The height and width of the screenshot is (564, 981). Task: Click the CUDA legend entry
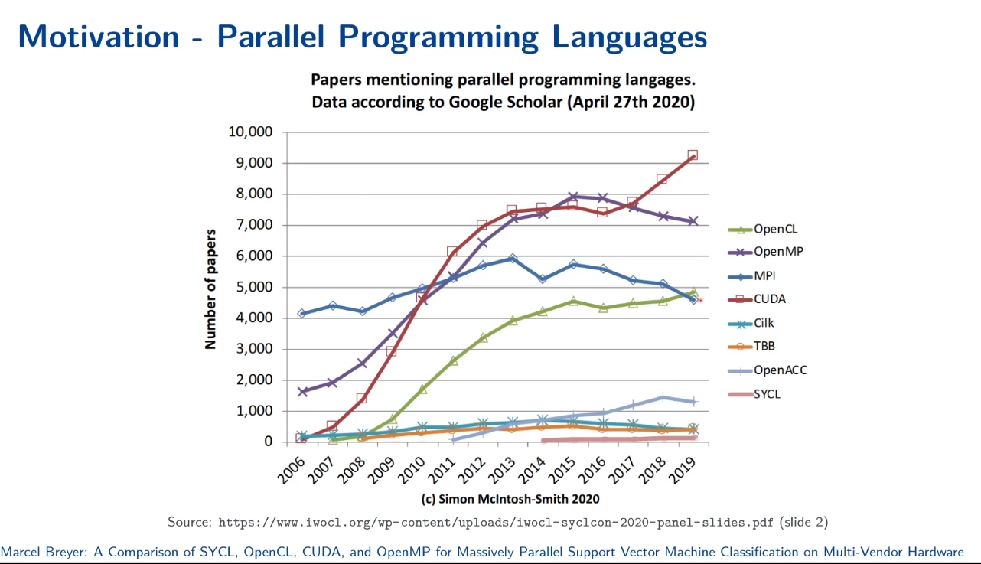(757, 299)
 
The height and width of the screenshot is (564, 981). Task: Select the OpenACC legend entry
(768, 370)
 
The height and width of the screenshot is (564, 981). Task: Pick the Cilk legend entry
(751, 323)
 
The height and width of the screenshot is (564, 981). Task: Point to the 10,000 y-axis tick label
(250, 132)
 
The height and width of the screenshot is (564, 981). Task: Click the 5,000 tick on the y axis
(255, 287)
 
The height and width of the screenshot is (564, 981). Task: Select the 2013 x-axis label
(503, 470)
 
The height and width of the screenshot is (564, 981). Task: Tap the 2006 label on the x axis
(292, 470)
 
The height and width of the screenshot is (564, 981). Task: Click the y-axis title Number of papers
(210, 289)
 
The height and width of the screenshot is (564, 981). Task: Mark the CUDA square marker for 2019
(693, 155)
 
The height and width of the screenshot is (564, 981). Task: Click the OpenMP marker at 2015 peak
(573, 196)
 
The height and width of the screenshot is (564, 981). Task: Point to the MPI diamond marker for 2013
(513, 259)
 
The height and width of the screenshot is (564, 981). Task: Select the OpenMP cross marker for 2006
(302, 392)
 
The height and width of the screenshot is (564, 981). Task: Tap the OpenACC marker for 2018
(663, 398)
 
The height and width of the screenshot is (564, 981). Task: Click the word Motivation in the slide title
(99, 37)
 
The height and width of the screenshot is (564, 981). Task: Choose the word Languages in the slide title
(630, 37)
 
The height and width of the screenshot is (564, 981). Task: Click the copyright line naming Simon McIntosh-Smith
(510, 499)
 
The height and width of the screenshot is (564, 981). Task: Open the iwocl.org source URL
(496, 523)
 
